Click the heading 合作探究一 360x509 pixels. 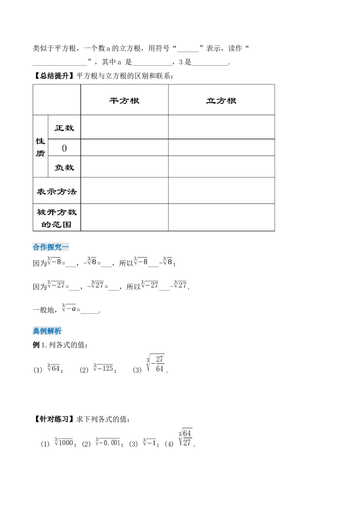(52, 246)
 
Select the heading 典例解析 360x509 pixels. (48, 331)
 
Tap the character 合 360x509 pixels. (36, 246)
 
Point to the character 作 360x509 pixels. (44, 246)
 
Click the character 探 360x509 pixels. (51, 246)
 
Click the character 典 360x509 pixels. (36, 331)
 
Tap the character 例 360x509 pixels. (44, 331)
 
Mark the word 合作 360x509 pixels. (40, 246)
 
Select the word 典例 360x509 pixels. (40, 331)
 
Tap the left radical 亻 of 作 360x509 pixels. (41, 246)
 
